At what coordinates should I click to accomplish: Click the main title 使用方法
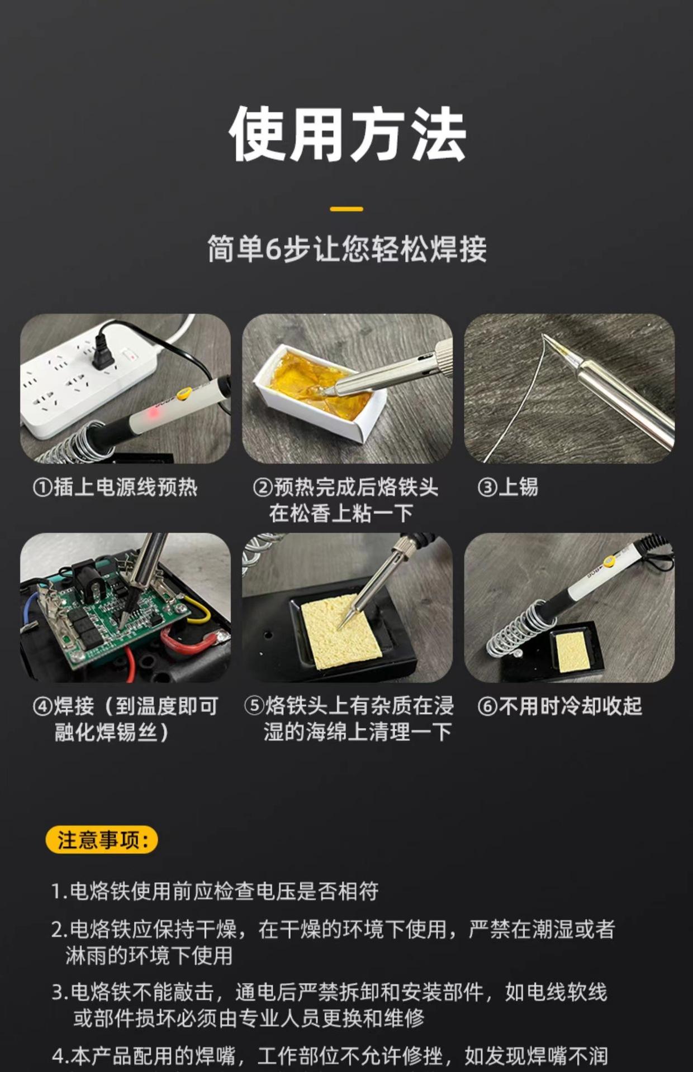click(x=347, y=135)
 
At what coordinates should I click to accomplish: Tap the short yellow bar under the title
click(x=346, y=209)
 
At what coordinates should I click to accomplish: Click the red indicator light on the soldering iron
click(x=152, y=414)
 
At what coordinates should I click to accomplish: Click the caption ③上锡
click(x=507, y=487)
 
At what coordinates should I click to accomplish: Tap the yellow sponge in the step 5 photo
click(x=341, y=631)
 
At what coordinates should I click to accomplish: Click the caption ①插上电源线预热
click(x=115, y=487)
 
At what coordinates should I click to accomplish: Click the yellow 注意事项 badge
click(x=102, y=839)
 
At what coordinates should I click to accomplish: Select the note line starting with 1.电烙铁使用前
click(x=215, y=891)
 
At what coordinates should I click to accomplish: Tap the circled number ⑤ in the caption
click(x=254, y=706)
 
